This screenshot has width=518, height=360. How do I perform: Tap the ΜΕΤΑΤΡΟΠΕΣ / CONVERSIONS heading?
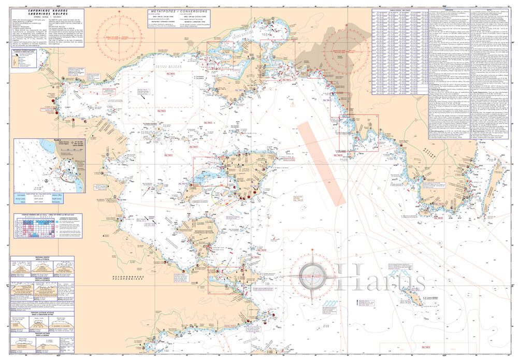[x=178, y=11]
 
